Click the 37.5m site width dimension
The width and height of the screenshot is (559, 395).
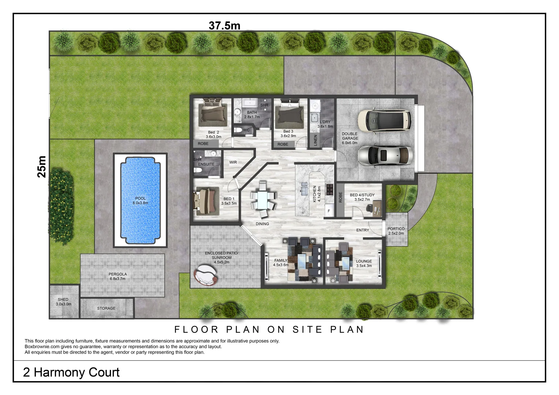[x=224, y=25]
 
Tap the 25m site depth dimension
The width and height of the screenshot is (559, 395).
[x=42, y=167]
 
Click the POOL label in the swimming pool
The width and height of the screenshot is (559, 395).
[x=140, y=200]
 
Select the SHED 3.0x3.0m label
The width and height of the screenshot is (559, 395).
[x=63, y=302]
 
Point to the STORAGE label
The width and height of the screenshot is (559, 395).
[x=106, y=308]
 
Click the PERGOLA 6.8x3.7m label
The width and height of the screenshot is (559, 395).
[x=118, y=276]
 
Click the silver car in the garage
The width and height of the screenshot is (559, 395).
[x=385, y=156]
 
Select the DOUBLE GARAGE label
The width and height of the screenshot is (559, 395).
[x=350, y=138]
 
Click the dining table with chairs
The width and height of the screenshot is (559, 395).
[x=263, y=199]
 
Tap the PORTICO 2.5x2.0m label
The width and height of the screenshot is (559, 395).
[x=396, y=231]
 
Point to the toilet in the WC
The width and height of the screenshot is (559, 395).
[x=239, y=130]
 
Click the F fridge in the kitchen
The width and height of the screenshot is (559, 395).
[x=329, y=211]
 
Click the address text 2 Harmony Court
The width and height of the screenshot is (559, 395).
[x=71, y=372]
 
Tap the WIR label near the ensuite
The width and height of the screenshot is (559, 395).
[x=233, y=162]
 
